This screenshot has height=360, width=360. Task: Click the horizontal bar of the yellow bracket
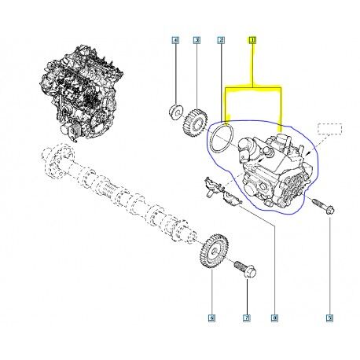253,86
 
